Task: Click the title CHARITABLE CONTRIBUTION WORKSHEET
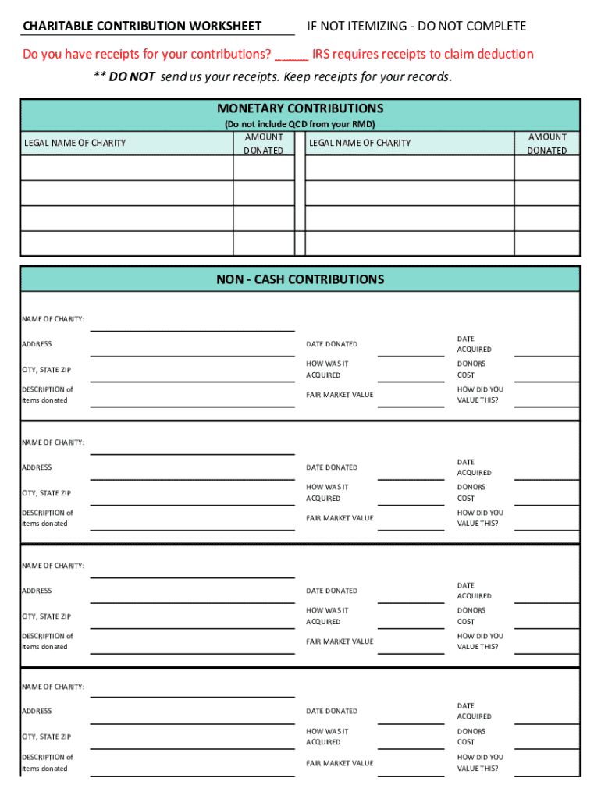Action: point(142,27)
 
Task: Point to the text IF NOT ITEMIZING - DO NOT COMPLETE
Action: point(416,27)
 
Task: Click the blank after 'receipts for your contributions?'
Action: point(291,55)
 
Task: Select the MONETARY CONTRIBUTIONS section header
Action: point(300,108)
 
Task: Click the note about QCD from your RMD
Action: point(300,125)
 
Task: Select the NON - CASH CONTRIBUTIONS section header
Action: point(300,279)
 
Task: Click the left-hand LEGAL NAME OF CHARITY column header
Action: point(75,143)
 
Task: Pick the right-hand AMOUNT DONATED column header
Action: point(547,144)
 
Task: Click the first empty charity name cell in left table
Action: point(126,168)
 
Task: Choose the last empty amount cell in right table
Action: point(547,243)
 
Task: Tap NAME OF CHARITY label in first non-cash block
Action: point(53,319)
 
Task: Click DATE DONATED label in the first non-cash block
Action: point(332,344)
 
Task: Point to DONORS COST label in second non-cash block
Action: point(471,492)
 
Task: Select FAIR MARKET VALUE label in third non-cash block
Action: point(340,641)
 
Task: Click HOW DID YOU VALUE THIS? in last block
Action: point(480,762)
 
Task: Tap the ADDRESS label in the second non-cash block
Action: point(37,467)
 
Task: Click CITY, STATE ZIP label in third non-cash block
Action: point(46,616)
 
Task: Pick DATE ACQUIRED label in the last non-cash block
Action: point(474,711)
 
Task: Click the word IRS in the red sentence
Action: point(322,55)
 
